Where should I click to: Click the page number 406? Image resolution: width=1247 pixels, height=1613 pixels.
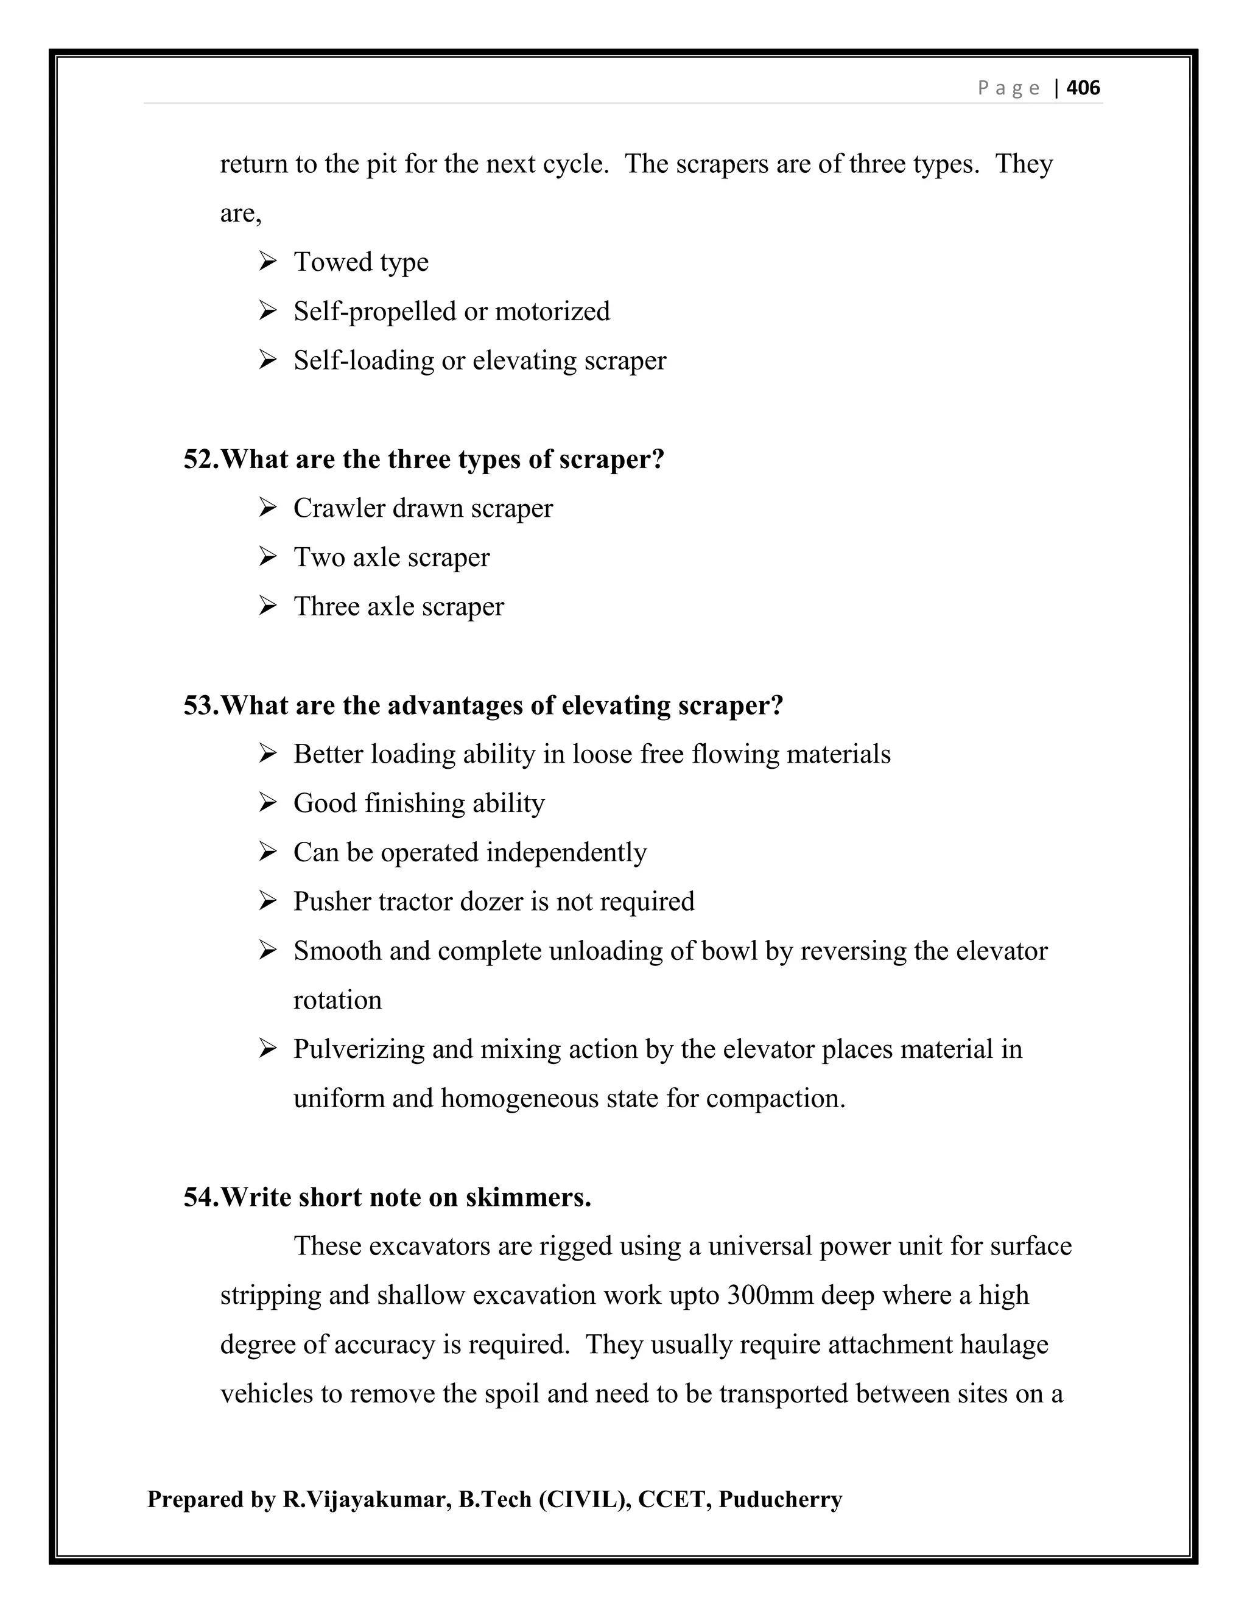coord(1083,88)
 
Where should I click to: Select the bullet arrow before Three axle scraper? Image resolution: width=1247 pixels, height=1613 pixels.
coord(267,606)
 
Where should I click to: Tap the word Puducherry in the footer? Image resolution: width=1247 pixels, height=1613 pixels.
coord(779,1500)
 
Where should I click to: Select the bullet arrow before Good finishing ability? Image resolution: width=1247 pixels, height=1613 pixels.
coord(267,802)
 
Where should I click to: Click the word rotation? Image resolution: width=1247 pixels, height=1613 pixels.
coord(337,1001)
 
